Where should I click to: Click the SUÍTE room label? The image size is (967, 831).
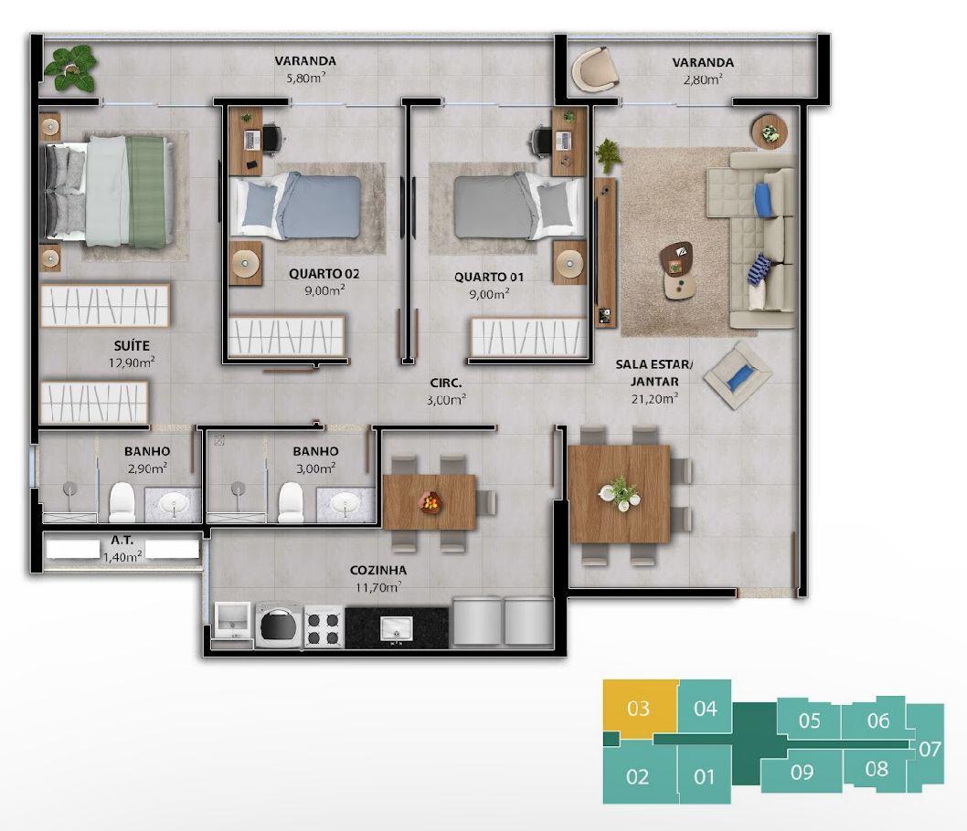point(132,345)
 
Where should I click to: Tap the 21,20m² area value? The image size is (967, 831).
point(654,398)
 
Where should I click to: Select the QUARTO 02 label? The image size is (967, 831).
point(324,274)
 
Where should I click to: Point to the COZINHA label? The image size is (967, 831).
point(378,570)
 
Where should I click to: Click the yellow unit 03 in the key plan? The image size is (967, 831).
point(639,708)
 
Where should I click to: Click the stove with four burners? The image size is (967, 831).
point(324,626)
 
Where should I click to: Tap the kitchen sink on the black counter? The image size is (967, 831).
point(396,629)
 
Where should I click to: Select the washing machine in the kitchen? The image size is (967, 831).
point(278,625)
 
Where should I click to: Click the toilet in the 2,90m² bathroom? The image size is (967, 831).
point(122,502)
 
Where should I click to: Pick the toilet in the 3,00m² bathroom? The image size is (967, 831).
point(291,502)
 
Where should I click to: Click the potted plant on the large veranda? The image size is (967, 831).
point(70,68)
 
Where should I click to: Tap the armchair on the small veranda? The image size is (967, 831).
point(594,69)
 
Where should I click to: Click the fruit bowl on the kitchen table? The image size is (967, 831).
point(430,501)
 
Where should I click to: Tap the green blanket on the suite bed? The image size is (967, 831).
point(147,192)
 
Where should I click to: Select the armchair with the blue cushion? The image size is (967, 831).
point(738,375)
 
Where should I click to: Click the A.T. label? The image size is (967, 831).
point(122,541)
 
